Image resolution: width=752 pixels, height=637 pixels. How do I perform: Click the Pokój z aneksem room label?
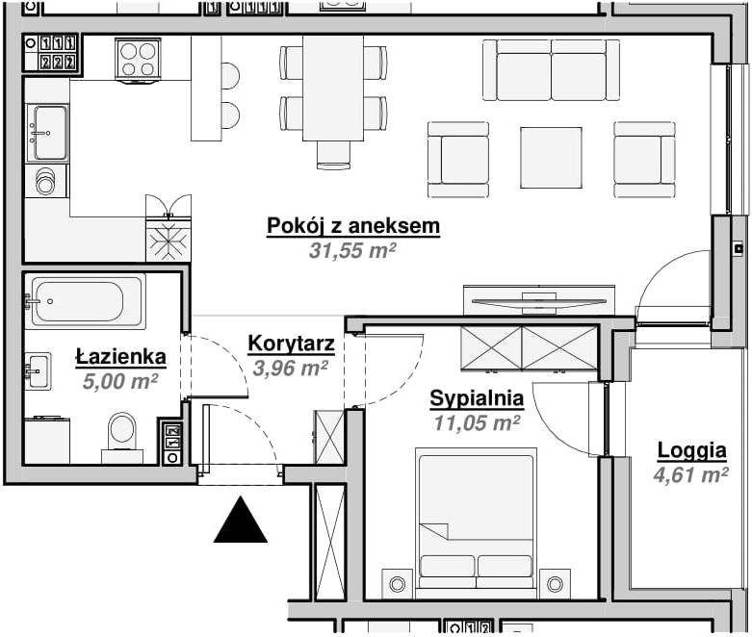(352, 226)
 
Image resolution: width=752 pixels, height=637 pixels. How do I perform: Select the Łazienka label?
(120, 357)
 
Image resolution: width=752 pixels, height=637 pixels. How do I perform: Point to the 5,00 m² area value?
(120, 381)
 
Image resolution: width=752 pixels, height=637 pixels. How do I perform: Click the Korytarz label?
(291, 344)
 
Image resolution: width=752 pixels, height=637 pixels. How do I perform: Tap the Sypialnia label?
(477, 397)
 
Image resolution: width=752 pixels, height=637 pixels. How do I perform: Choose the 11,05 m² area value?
(477, 421)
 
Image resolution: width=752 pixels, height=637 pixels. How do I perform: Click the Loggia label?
(691, 449)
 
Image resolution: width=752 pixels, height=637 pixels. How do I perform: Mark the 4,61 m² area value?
(691, 473)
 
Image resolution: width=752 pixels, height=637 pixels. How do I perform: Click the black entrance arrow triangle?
(240, 521)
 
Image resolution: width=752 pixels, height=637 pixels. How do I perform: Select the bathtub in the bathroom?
(87, 302)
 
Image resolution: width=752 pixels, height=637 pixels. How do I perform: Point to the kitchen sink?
(47, 133)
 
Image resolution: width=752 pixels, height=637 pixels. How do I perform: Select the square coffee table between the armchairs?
(551, 158)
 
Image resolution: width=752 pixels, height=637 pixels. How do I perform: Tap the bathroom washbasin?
(38, 370)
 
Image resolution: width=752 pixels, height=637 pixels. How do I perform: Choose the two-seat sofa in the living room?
(551, 70)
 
